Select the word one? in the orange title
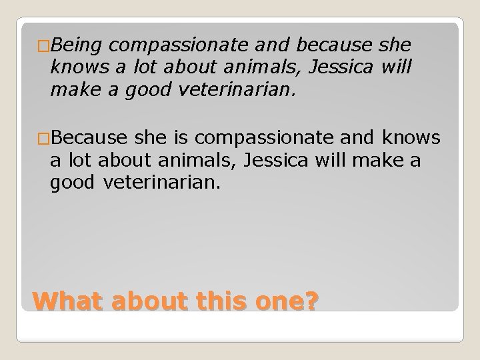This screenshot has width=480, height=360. coord(287,302)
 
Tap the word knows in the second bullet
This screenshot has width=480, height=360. coord(411,137)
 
